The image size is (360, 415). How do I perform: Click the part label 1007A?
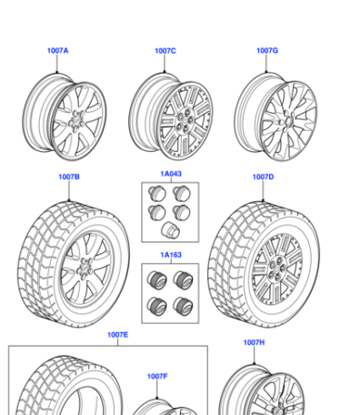pyautogui.click(x=57, y=50)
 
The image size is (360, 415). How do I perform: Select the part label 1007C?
pyautogui.click(x=165, y=51)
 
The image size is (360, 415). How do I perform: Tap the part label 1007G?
pyautogui.click(x=267, y=50)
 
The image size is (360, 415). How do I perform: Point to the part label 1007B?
pyautogui.click(x=69, y=177)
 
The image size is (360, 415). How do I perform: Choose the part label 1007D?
pyautogui.click(x=263, y=177)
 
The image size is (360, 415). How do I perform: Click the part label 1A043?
pyautogui.click(x=171, y=174)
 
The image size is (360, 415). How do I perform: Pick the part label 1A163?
pyautogui.click(x=171, y=255)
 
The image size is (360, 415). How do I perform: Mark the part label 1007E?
pyautogui.click(x=117, y=335)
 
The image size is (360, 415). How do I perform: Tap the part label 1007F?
pyautogui.click(x=157, y=376)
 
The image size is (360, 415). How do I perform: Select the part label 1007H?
pyautogui.click(x=254, y=342)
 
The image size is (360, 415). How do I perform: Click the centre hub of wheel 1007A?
pyautogui.click(x=77, y=121)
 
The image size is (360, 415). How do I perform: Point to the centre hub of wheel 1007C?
pyautogui.click(x=185, y=121)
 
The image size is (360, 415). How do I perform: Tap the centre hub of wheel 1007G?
pyautogui.click(x=287, y=121)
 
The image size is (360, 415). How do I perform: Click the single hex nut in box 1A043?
pyautogui.click(x=170, y=230)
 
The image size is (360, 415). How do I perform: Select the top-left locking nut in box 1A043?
pyautogui.click(x=157, y=194)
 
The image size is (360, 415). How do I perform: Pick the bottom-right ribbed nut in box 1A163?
pyautogui.click(x=183, y=306)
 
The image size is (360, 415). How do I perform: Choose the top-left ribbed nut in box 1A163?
pyautogui.click(x=157, y=280)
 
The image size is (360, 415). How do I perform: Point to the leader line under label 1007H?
pyautogui.click(x=254, y=355)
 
